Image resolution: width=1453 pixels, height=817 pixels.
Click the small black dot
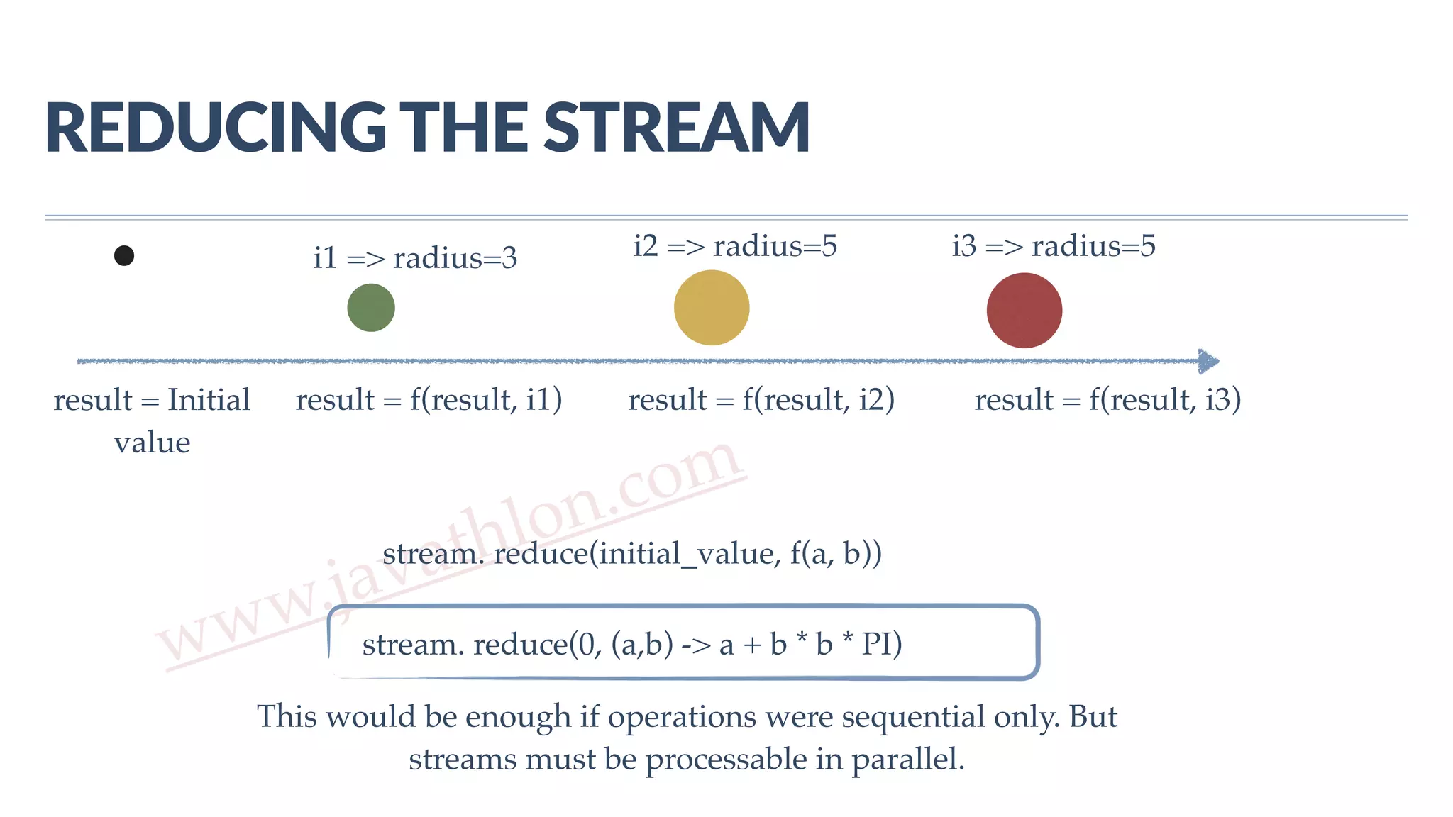pos(124,255)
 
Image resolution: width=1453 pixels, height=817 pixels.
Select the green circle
pos(371,308)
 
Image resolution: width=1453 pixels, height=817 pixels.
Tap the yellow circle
pos(712,308)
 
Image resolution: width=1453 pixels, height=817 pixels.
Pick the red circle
pos(1024,311)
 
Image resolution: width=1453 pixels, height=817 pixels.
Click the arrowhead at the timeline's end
pos(1208,361)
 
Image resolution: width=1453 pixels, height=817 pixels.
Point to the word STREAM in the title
pos(677,128)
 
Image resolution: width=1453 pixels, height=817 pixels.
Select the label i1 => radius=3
pos(415,257)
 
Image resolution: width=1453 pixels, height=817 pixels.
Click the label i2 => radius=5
pos(735,246)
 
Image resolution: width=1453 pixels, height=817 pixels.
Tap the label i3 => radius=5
pos(1054,246)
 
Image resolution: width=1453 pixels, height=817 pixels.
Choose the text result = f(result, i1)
pos(429,400)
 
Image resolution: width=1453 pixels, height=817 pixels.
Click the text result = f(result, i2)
pos(761,400)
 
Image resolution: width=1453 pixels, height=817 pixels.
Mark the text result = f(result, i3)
pos(1107,400)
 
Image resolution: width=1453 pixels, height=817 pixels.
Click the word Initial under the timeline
pos(209,400)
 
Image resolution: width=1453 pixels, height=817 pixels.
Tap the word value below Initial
pos(152,443)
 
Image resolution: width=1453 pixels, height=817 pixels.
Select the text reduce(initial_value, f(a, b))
pos(687,553)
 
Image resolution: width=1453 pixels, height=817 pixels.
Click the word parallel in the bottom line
pos(907,759)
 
